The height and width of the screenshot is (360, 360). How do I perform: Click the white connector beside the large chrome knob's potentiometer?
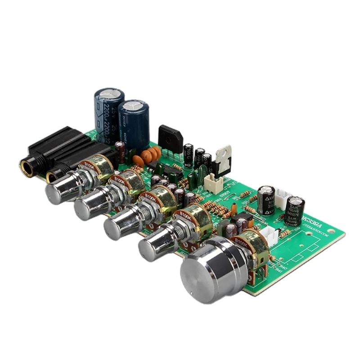(x=269, y=234)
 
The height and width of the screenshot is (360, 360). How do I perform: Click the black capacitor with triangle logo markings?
(x=266, y=200)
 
